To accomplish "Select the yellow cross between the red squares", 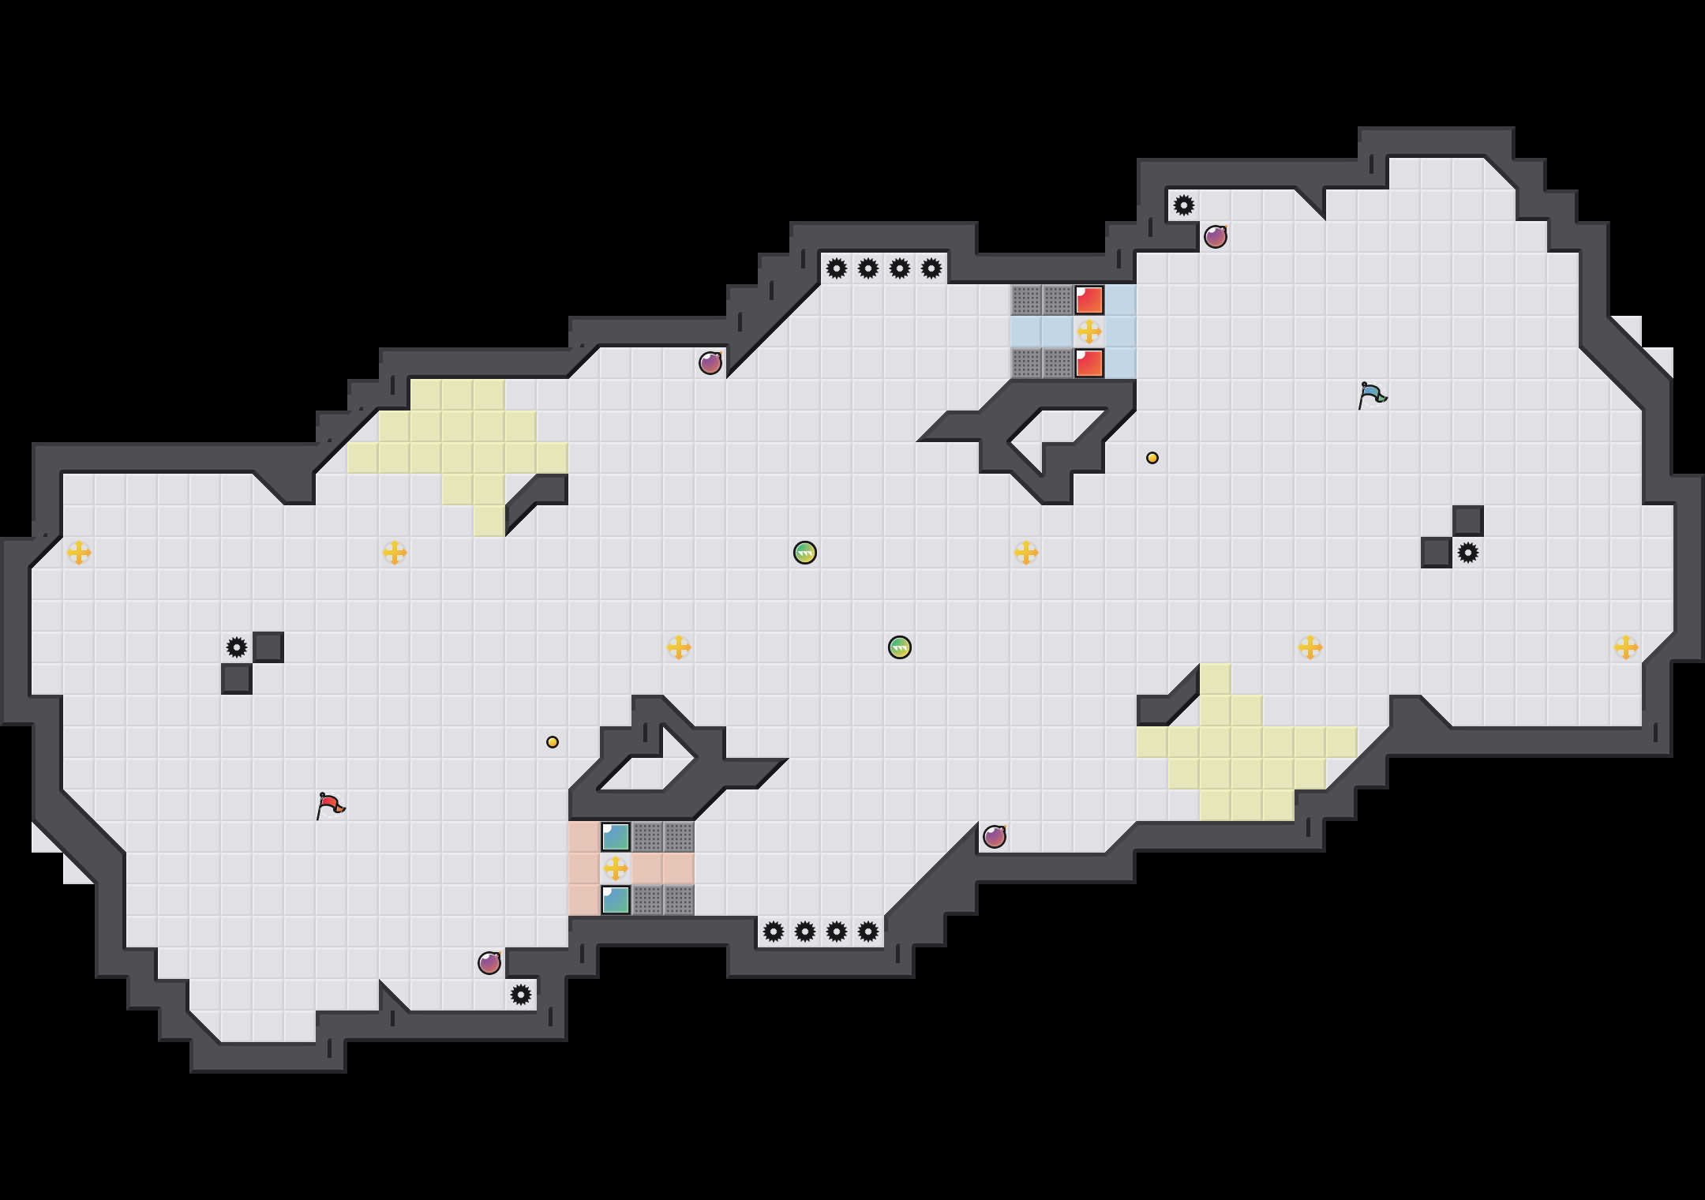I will [1089, 332].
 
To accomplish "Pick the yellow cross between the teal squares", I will [616, 868].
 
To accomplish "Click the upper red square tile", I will [1089, 300].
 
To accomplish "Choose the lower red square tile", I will [1089, 363].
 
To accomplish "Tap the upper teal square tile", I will [616, 837].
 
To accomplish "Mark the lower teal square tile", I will [616, 900].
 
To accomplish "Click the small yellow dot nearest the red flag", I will [553, 742].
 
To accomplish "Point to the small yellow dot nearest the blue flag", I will [1152, 458].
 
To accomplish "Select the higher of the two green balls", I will [805, 553].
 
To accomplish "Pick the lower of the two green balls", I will [900, 647].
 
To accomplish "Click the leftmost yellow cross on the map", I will [79, 553].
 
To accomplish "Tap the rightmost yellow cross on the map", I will [1626, 647].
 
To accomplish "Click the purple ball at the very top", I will [1216, 237].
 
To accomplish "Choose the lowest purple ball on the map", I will [489, 963].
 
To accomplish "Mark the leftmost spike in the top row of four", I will [837, 268].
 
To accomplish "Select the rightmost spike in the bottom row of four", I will [868, 932].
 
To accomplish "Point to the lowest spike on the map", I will [521, 995].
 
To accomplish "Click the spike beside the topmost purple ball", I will [1184, 205].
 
